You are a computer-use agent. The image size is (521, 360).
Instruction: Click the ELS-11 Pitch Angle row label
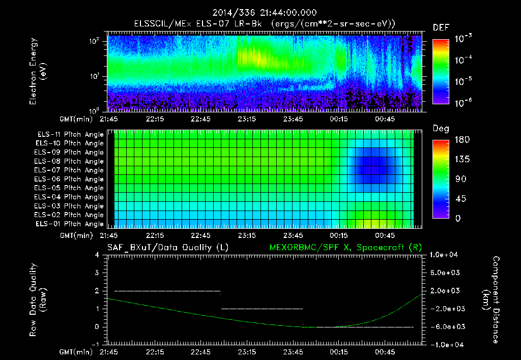coord(70,134)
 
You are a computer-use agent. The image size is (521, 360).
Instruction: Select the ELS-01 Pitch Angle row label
coord(70,224)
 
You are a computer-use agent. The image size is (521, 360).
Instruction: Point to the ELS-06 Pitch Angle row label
coord(70,179)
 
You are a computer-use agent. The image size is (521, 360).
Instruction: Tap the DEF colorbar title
coord(441,27)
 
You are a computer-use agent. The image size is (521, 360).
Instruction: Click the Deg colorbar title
coord(441,129)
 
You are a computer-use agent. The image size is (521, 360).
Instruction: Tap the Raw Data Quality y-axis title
coord(38,299)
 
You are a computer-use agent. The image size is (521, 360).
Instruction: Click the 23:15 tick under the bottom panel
coord(247,351)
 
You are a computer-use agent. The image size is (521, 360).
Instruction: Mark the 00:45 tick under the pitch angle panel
coord(385,235)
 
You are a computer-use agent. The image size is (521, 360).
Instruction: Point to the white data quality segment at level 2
coord(167,291)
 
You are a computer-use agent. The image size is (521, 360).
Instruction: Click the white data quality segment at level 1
coord(262,309)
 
